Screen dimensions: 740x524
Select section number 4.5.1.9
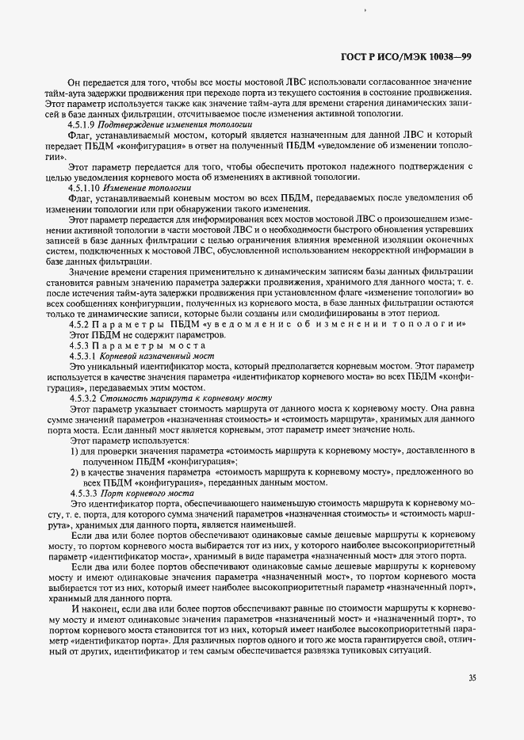tap(82, 124)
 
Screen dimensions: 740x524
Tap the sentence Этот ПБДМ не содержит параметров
tap(136, 336)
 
